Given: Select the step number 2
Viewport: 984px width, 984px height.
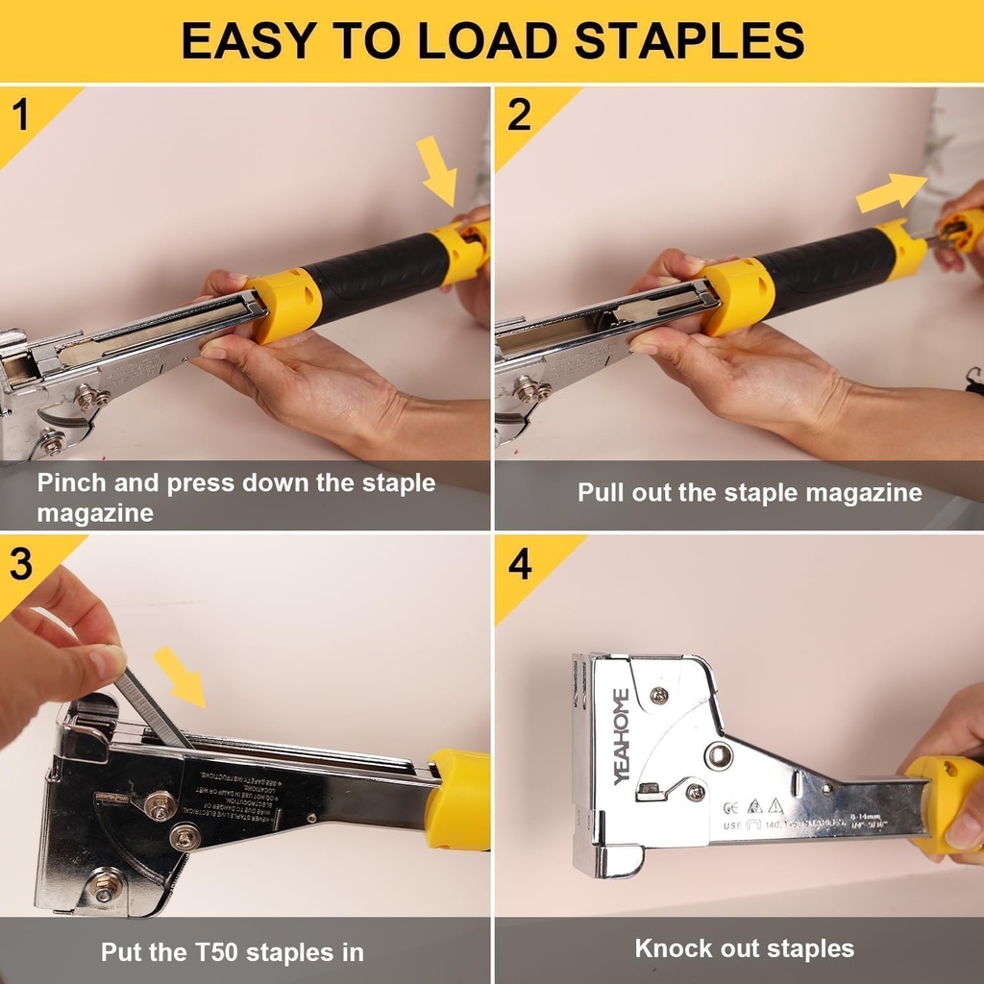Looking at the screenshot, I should [x=519, y=115].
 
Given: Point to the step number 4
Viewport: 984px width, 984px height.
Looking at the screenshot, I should [x=520, y=564].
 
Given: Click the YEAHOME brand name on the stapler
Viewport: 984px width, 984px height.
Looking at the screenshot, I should [x=622, y=736].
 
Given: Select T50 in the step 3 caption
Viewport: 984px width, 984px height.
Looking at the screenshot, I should [x=215, y=952].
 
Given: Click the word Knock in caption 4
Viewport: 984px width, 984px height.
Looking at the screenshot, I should [x=672, y=948].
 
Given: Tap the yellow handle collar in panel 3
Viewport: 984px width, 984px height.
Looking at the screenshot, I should [x=458, y=800].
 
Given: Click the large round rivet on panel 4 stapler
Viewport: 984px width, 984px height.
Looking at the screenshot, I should [x=718, y=755].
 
